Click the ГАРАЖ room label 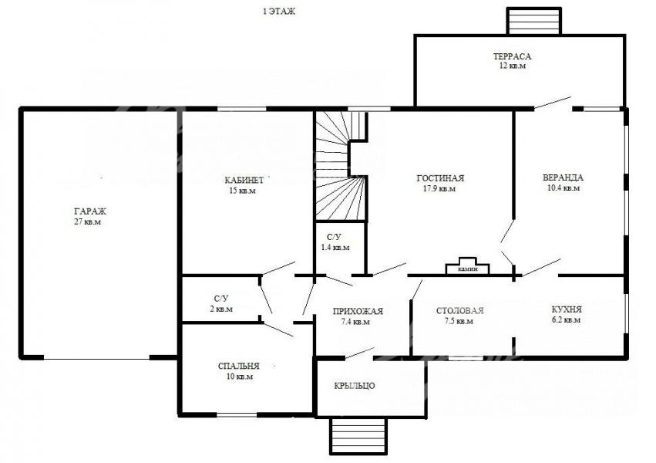tap(90, 211)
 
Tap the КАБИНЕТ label tap(244, 181)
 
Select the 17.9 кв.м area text tap(439, 189)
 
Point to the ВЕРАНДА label tap(563, 177)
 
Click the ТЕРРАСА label tap(512, 56)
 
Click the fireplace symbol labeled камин tap(468, 266)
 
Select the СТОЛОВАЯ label tap(459, 311)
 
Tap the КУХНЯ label tap(567, 309)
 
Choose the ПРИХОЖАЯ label tap(358, 312)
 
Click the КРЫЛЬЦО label tap(355, 386)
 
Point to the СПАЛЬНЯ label tap(238, 367)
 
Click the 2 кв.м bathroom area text tap(221, 309)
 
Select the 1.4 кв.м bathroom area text tap(335, 248)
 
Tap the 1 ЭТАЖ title tap(279, 12)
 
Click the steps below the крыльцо tap(358, 436)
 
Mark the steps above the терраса tap(534, 21)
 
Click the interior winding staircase tap(341, 166)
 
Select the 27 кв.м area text tap(87, 222)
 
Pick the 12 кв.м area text tap(513, 66)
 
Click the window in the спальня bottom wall tap(237, 415)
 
